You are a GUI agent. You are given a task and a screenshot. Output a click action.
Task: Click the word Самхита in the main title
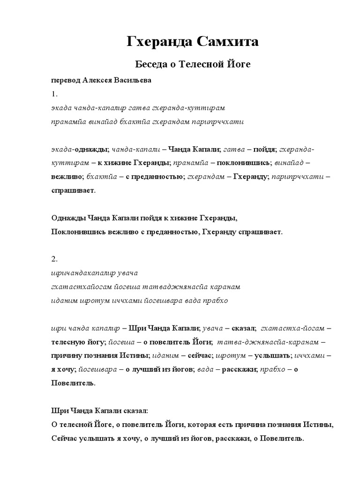226,42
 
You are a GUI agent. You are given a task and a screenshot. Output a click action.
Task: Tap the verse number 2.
53,258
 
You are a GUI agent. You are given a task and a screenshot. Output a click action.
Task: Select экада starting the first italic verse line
60,108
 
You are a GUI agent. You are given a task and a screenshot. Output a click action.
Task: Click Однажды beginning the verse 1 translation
66,218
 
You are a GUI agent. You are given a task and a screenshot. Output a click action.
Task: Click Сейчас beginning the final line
62,439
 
